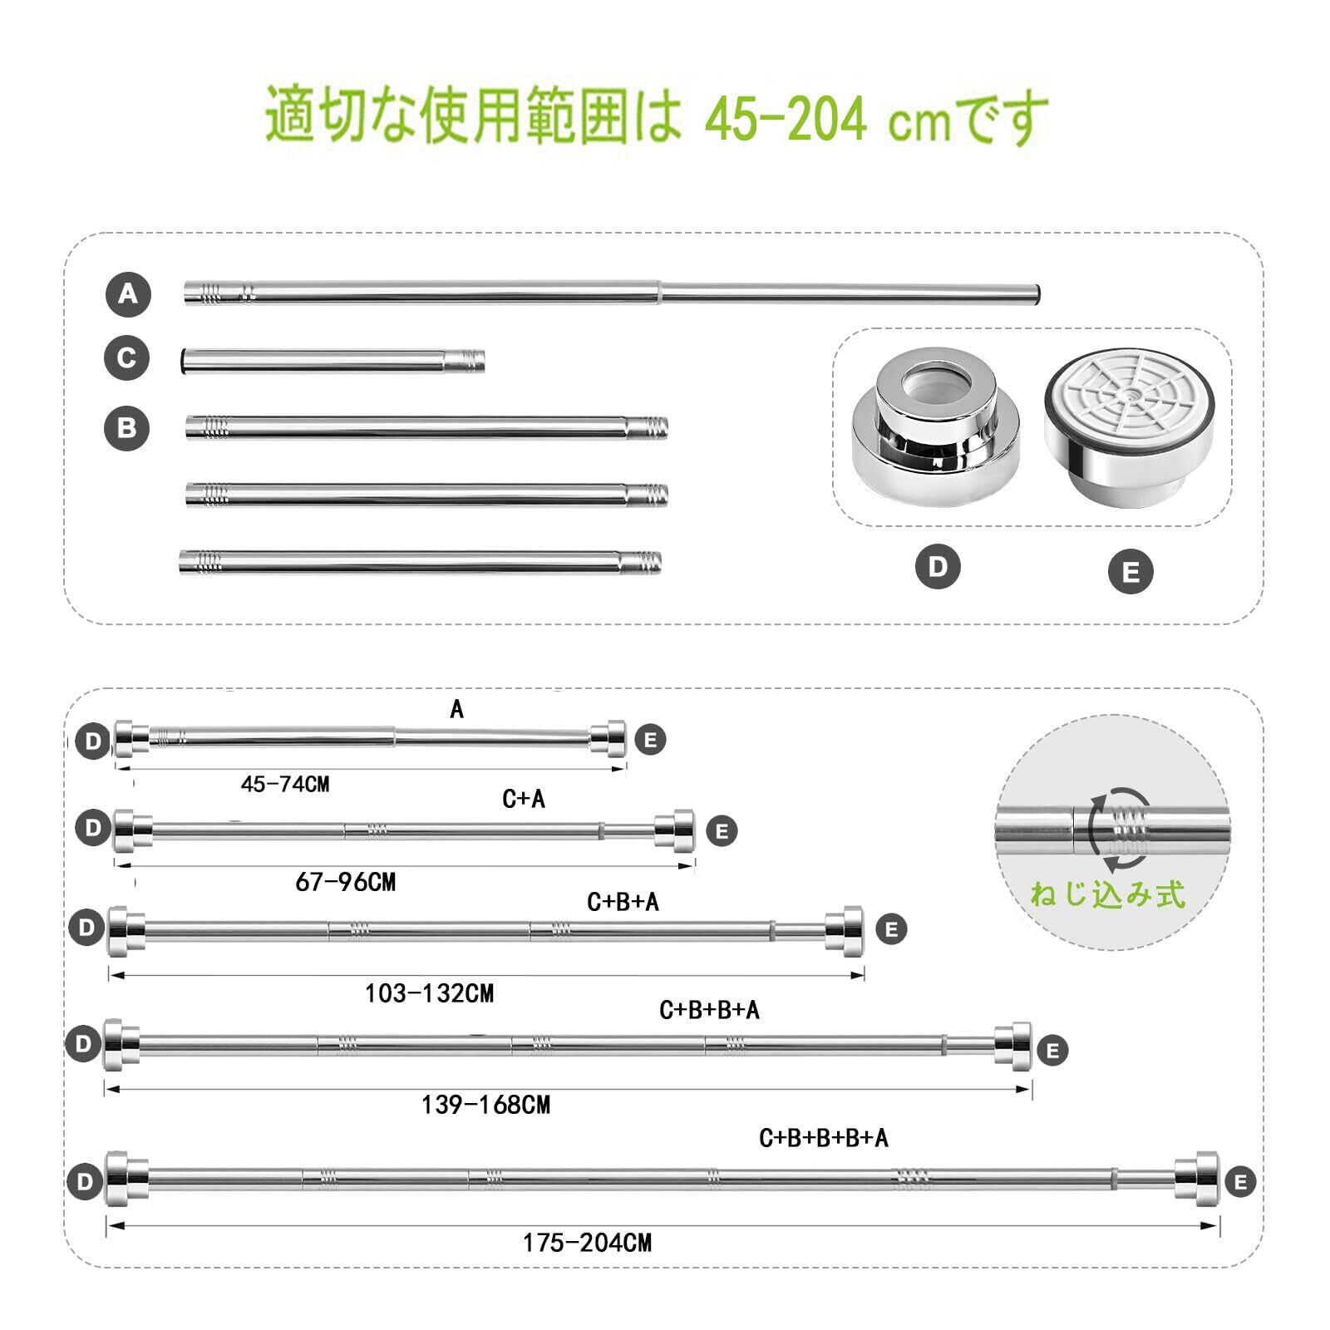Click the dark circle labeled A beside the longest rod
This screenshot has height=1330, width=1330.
point(128,294)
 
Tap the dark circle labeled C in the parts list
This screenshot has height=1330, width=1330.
point(126,358)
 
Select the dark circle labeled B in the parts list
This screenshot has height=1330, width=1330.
point(126,429)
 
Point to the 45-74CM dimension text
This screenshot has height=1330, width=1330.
point(285,784)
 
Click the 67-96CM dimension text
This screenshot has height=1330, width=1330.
point(346,882)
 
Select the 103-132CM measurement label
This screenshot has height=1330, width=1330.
point(430,993)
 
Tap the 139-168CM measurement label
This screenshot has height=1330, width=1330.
point(486,1105)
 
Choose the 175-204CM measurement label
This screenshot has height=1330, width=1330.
point(588,1244)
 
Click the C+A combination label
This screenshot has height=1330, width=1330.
point(524,799)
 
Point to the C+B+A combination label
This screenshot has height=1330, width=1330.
point(623,902)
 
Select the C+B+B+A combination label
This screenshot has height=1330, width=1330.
point(710,1010)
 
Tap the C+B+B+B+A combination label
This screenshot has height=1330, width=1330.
point(824,1138)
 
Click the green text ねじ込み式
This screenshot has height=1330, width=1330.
point(1107,894)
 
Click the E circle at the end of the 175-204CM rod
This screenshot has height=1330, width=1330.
point(1241,1182)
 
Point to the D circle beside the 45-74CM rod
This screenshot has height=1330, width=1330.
point(92,741)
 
